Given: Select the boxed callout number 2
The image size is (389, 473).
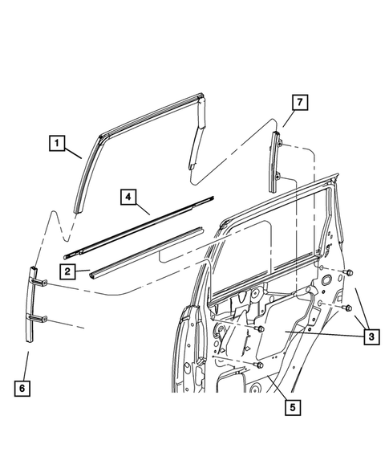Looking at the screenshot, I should [70, 271].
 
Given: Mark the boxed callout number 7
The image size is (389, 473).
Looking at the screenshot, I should [298, 104].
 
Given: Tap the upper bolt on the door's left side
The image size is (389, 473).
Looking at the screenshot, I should [261, 329].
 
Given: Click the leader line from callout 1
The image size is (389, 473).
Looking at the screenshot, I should [75, 153].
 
